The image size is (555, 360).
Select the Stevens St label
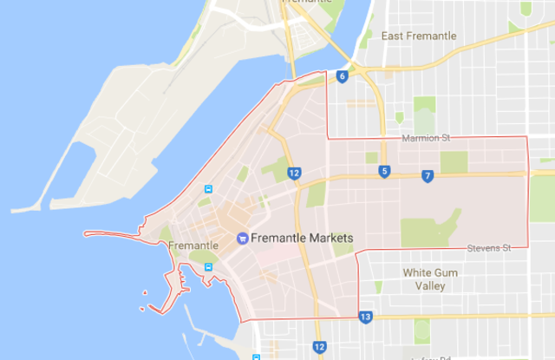[x=488, y=248]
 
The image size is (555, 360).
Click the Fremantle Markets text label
[x=301, y=237]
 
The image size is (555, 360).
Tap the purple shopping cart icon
[x=242, y=237]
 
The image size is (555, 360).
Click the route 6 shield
[x=343, y=77]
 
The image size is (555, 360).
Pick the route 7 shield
[x=428, y=176]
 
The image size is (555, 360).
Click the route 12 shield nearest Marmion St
[x=295, y=173]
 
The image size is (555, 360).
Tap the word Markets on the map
[x=330, y=237]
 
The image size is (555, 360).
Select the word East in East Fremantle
[x=393, y=36]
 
